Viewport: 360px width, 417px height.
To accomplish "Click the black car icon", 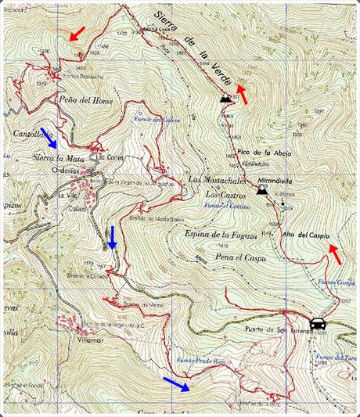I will [318, 323].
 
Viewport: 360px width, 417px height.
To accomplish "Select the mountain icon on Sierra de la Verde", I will [228, 98].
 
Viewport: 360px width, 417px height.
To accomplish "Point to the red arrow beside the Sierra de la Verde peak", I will [243, 94].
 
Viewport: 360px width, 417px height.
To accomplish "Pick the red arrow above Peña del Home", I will [76, 34].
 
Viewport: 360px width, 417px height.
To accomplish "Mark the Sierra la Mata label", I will [59, 158].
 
